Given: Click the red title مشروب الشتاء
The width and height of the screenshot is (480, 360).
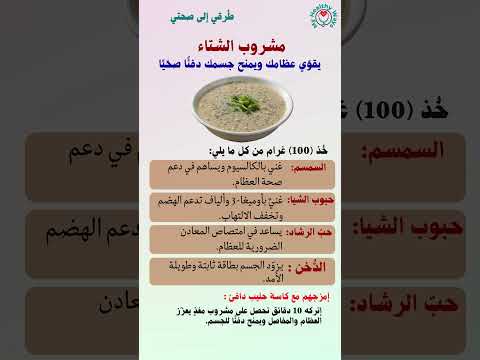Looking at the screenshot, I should coord(239,47).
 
